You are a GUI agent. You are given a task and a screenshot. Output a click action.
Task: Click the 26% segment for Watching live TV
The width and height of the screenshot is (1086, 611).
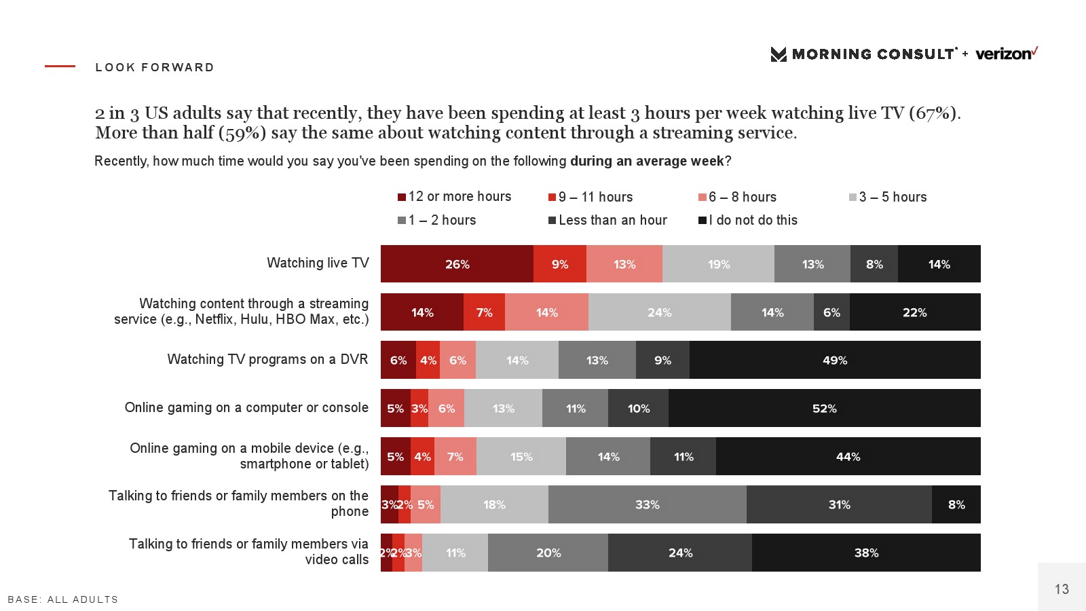tap(457, 264)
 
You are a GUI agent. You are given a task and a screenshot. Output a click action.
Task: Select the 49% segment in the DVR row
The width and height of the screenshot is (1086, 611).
tap(835, 360)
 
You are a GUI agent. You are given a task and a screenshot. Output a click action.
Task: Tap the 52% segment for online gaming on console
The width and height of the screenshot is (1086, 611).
tap(824, 409)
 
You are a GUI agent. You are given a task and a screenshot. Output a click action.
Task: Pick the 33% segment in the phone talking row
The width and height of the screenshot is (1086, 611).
tap(647, 505)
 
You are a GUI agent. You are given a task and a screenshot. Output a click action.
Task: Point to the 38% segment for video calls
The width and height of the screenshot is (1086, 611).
tap(866, 553)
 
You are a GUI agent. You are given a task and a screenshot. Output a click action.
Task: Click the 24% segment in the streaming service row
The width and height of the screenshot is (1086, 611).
tap(659, 312)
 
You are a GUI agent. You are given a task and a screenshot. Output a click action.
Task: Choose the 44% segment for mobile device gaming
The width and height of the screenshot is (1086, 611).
tap(848, 457)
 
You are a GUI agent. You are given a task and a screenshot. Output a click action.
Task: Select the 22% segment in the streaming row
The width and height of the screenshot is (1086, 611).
tap(914, 312)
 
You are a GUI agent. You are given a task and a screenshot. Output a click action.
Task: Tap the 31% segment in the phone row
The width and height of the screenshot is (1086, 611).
tap(839, 505)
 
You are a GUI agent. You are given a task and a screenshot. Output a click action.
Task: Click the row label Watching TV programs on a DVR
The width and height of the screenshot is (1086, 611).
tap(267, 359)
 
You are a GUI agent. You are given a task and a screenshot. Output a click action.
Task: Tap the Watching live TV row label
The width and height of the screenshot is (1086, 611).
tap(318, 263)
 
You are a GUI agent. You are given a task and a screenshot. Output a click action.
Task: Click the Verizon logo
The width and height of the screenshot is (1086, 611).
tap(1007, 54)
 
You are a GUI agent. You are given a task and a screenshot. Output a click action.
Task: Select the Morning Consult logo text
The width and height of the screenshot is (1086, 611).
tap(873, 54)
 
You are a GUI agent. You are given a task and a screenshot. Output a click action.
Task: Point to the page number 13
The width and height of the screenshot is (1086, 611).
tap(1062, 589)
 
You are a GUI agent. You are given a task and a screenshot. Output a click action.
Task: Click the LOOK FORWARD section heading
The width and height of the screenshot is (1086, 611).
tap(155, 67)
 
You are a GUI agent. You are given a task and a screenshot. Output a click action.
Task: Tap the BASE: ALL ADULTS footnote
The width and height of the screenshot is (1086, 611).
tap(63, 599)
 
